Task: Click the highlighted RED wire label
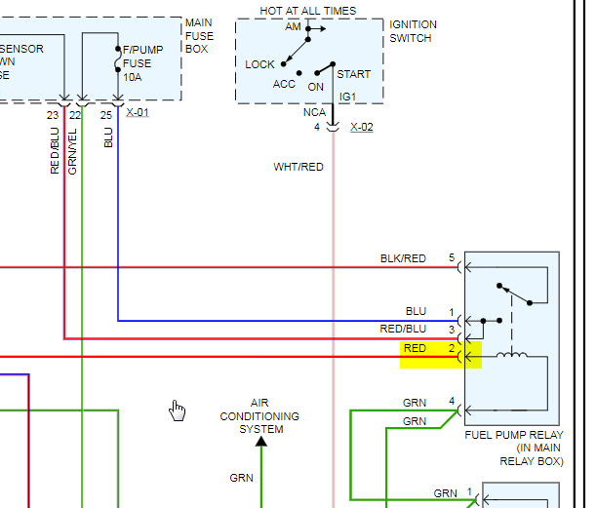click(x=415, y=348)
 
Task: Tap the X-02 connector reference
click(x=361, y=127)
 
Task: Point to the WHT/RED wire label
click(x=298, y=167)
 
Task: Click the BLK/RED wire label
click(x=403, y=258)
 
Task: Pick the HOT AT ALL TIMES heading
click(x=307, y=11)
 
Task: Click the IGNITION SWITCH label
click(x=413, y=31)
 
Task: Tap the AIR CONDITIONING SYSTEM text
click(x=260, y=415)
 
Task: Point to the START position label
click(x=353, y=74)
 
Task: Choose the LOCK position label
click(x=260, y=64)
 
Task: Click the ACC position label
click(x=284, y=84)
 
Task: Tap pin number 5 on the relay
click(x=452, y=258)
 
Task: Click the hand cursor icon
click(x=177, y=410)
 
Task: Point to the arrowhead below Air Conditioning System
click(x=260, y=442)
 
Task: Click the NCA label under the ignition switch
click(x=312, y=112)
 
